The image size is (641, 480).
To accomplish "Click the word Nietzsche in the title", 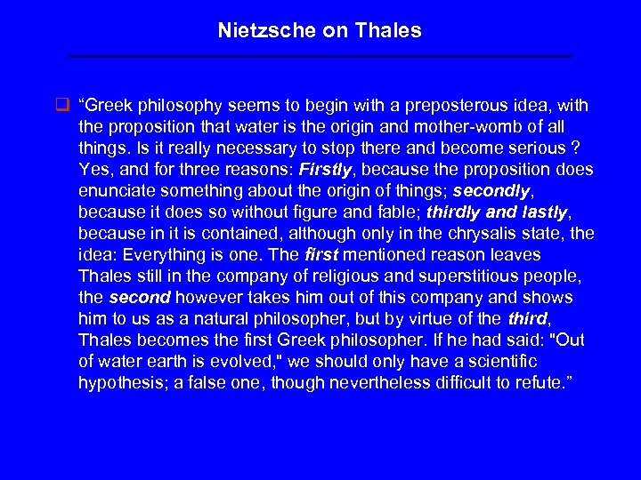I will [x=258, y=31].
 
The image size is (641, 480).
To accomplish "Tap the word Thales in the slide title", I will [x=388, y=31].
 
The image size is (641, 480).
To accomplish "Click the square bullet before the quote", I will [x=62, y=106].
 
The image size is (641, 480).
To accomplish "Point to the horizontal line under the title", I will [x=320, y=57].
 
